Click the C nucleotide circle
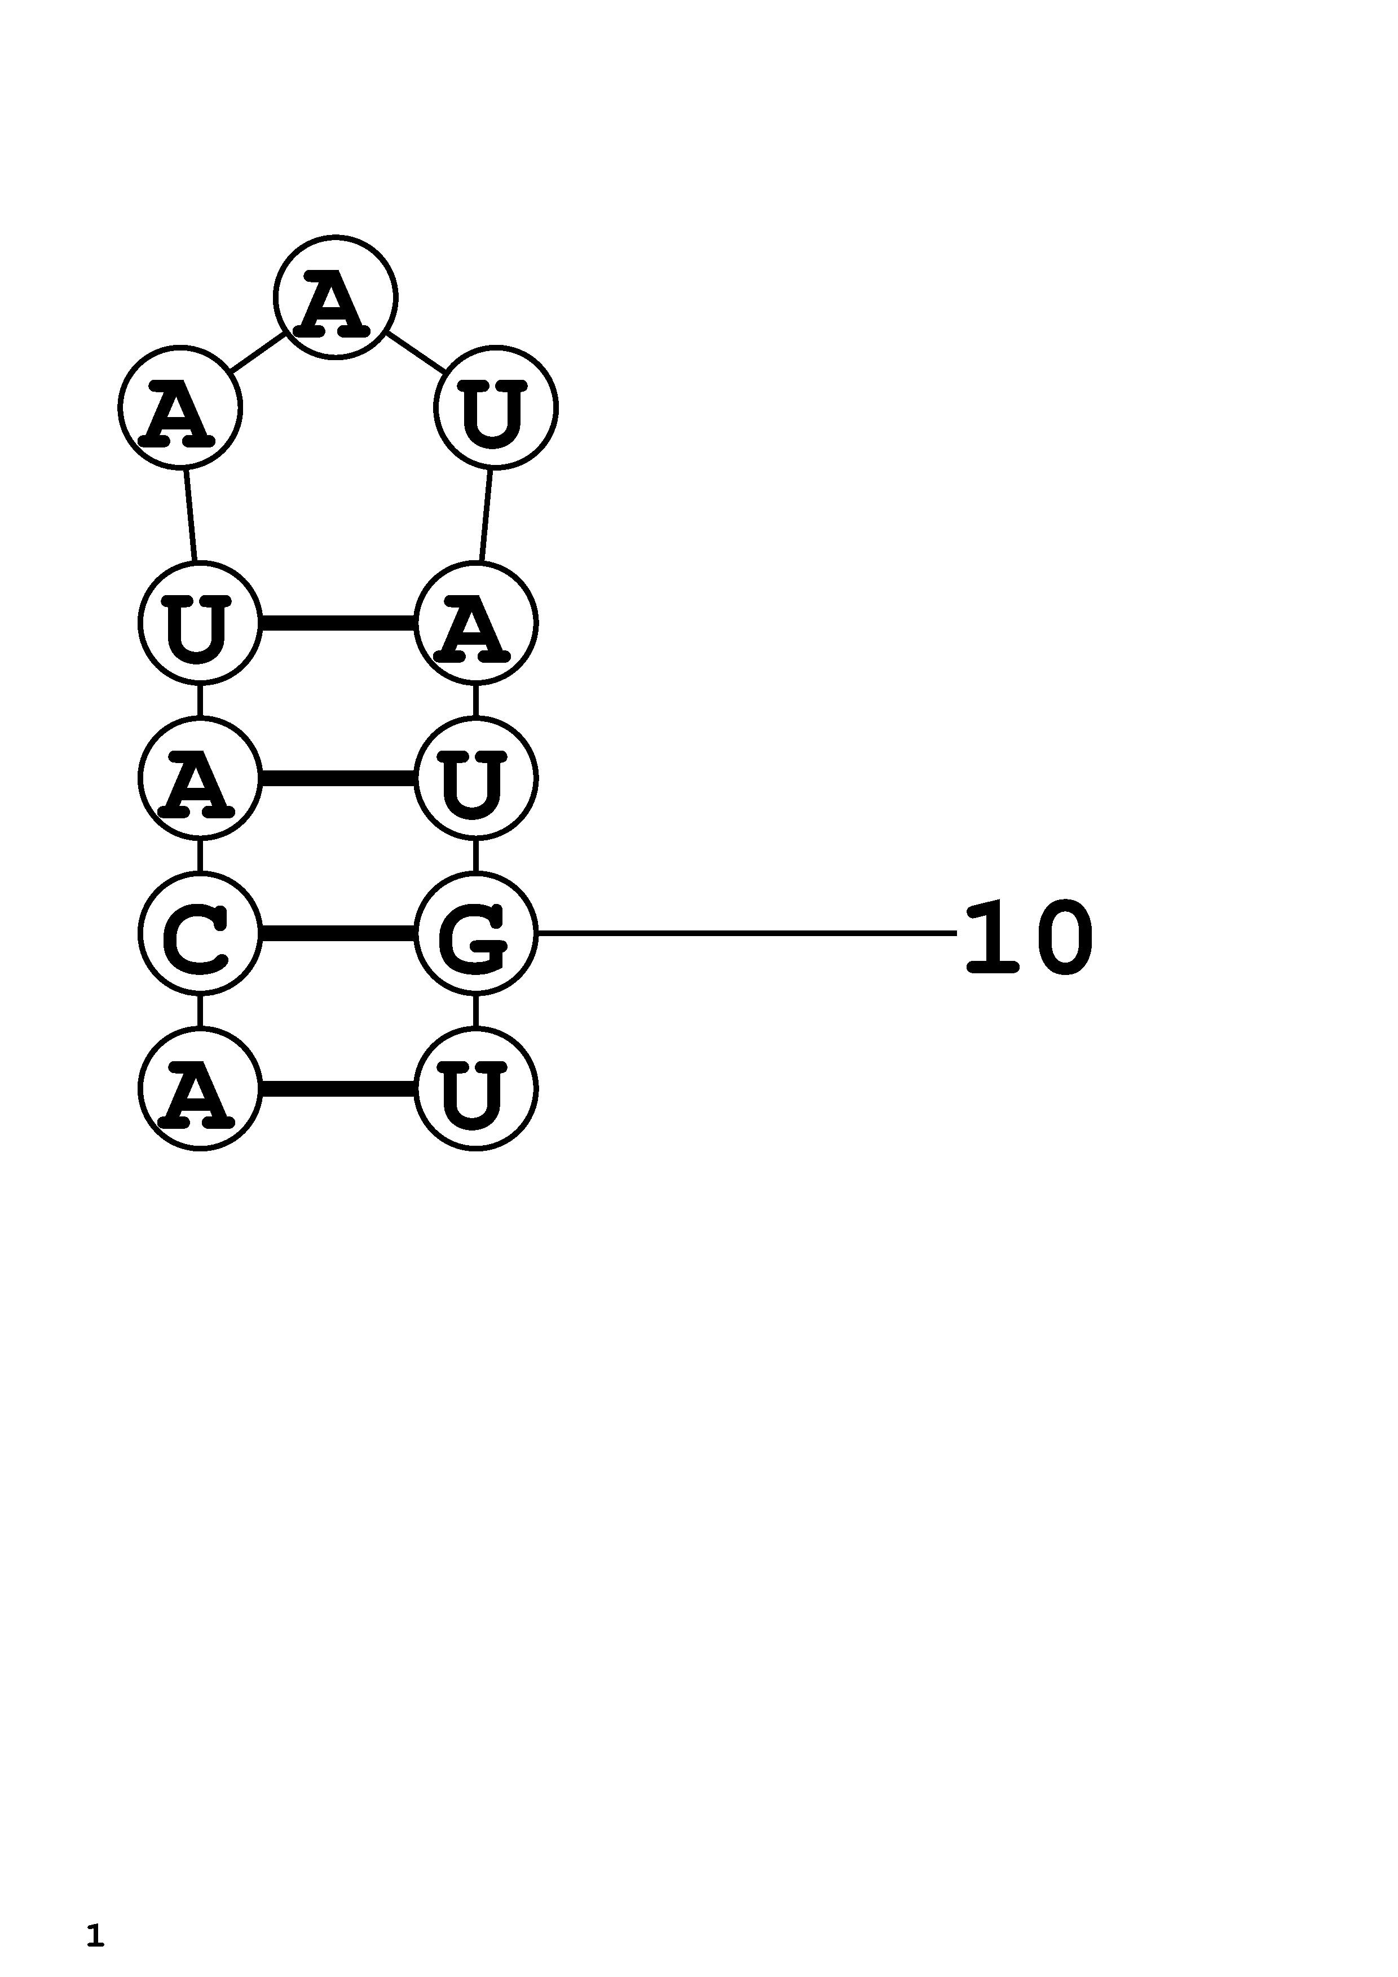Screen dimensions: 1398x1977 (x=200, y=933)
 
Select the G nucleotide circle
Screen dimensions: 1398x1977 (x=475, y=933)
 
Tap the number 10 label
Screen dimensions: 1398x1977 (x=1029, y=937)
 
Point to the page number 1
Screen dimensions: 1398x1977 (x=95, y=1935)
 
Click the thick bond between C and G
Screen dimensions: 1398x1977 (x=338, y=933)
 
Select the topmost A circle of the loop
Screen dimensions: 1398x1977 (x=335, y=297)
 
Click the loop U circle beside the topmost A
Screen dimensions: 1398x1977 (x=496, y=407)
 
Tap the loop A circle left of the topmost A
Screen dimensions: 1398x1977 (x=180, y=407)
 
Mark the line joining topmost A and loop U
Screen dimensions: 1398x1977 (x=416, y=352)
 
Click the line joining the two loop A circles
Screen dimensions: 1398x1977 (x=258, y=352)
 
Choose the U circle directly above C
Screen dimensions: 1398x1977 (x=200, y=623)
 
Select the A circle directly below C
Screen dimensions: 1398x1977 (x=200, y=1088)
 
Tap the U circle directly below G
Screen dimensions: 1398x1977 (x=475, y=1088)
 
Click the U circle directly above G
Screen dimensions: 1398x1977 (x=475, y=778)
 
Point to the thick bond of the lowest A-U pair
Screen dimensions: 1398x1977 (x=338, y=1088)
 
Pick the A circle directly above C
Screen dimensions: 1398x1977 (x=200, y=778)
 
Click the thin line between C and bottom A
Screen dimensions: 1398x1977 (x=200, y=1011)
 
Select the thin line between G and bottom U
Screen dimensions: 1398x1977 (x=475, y=1011)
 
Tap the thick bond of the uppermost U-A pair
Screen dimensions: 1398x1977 (x=338, y=623)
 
